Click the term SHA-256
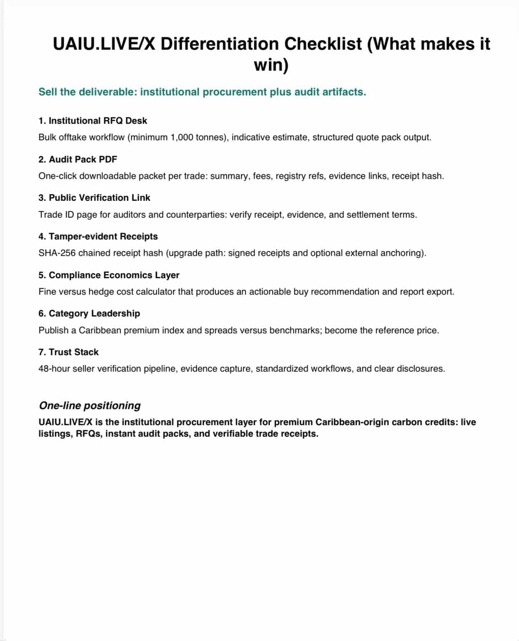pos(57,253)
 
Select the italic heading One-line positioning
pos(90,406)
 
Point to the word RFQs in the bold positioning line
pos(88,434)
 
